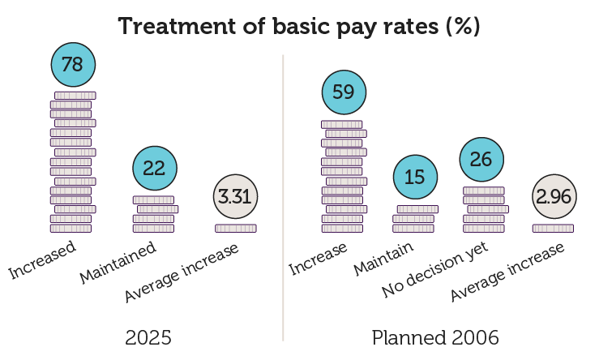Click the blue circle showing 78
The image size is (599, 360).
pyautogui.click(x=73, y=64)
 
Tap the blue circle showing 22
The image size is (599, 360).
pyautogui.click(x=154, y=168)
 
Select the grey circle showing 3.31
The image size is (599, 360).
pyautogui.click(x=236, y=196)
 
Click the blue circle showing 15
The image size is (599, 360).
pyautogui.click(x=414, y=177)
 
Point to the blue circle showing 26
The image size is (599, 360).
pyautogui.click(x=481, y=159)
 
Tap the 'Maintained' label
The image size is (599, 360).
pyautogui.click(x=118, y=263)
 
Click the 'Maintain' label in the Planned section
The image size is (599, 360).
pyautogui.click(x=383, y=258)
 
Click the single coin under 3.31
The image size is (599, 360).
pyautogui.click(x=236, y=229)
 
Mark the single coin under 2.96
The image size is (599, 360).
pyautogui.click(x=553, y=229)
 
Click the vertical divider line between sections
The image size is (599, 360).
pyautogui.click(x=283, y=195)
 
